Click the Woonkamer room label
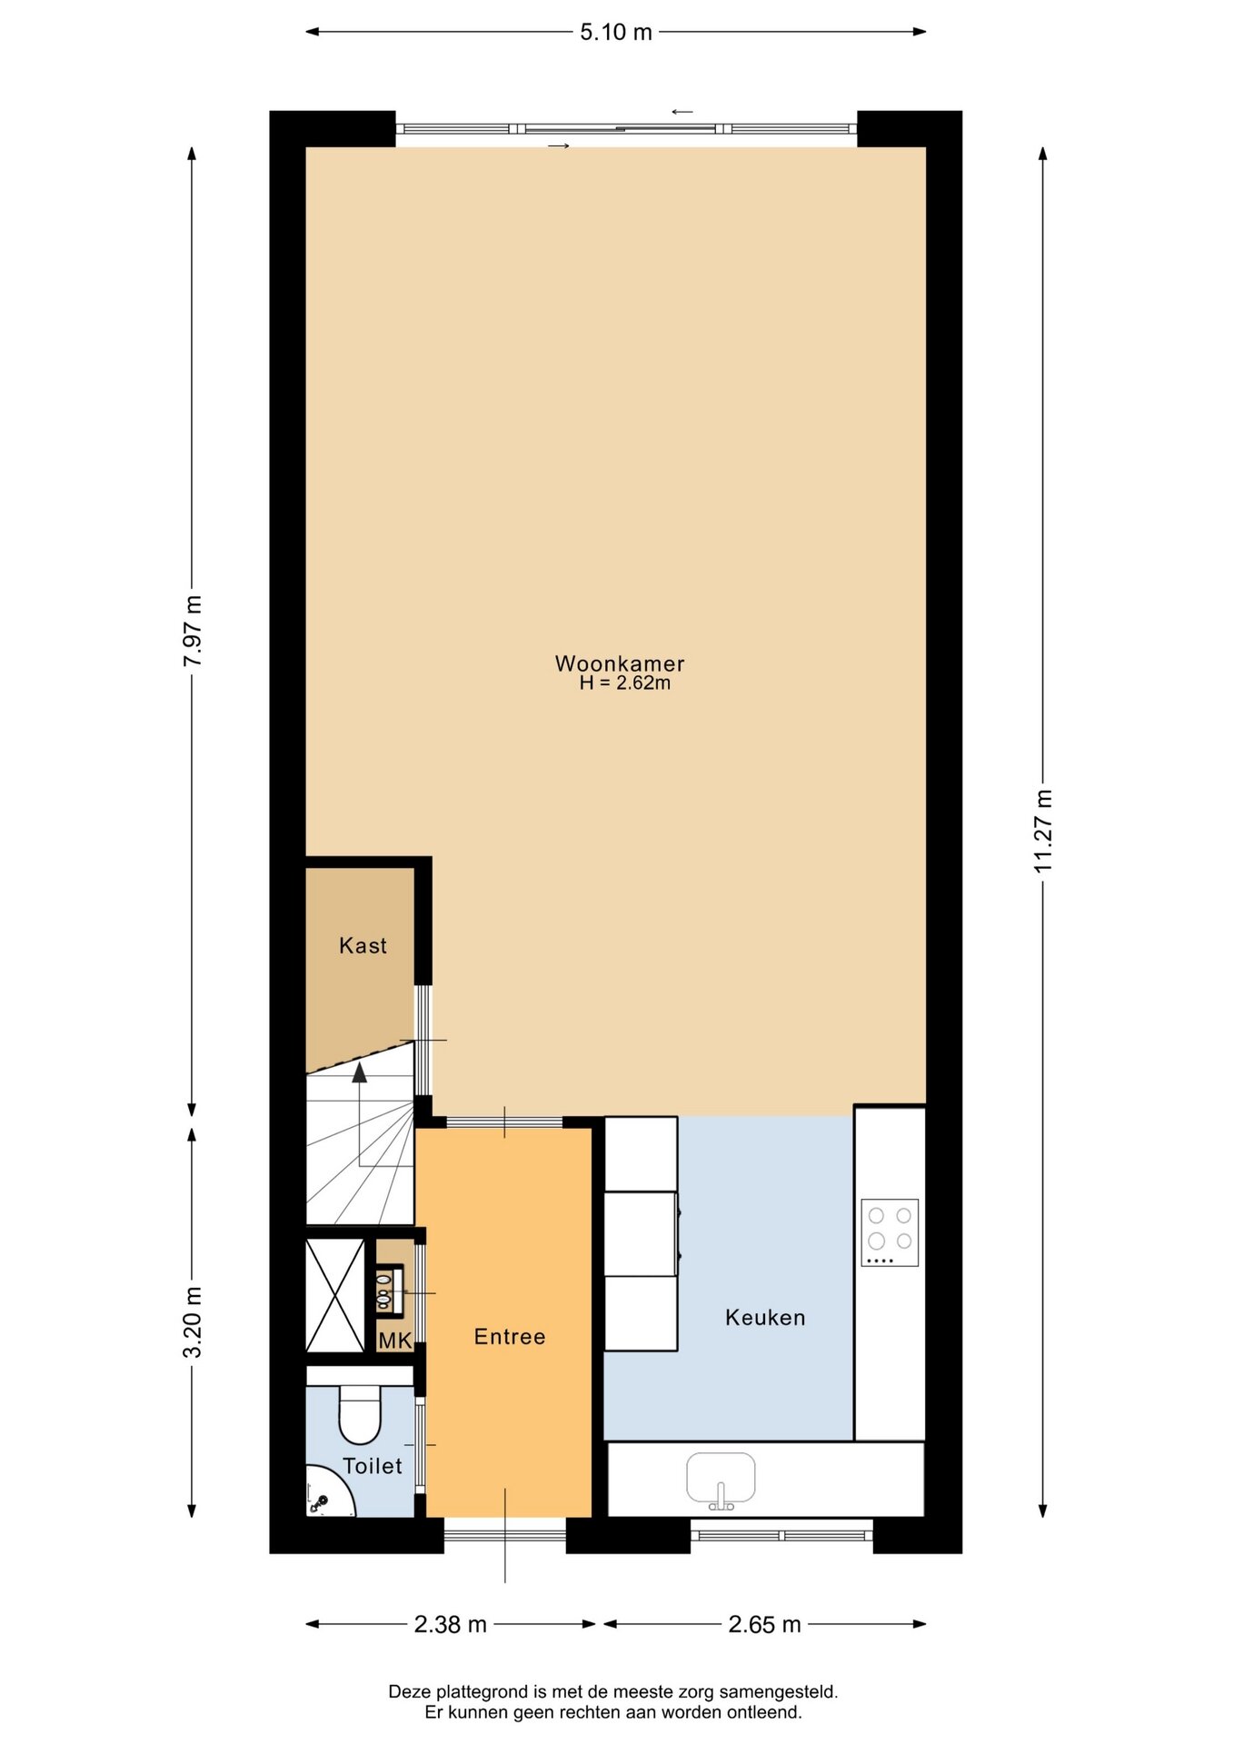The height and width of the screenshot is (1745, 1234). [620, 663]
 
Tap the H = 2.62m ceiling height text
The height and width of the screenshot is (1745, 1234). [625, 683]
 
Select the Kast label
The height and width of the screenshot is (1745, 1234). [363, 946]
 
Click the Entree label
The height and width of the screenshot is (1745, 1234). [510, 1337]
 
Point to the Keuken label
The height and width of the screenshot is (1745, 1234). [765, 1318]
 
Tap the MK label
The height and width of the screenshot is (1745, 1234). [395, 1341]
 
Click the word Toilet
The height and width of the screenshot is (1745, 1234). [373, 1466]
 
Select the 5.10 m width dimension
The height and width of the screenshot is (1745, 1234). [616, 32]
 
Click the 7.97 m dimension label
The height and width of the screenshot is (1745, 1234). [193, 631]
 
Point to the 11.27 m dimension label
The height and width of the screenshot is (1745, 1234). [1043, 831]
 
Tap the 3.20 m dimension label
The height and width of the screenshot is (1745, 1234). [193, 1322]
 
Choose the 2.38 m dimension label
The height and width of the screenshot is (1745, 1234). [451, 1624]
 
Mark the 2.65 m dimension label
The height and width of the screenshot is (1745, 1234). [765, 1624]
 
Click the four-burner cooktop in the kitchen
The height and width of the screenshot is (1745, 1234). [890, 1232]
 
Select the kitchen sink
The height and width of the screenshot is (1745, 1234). [721, 1480]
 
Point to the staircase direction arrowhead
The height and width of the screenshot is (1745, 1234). [360, 1073]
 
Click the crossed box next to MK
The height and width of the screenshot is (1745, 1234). [335, 1295]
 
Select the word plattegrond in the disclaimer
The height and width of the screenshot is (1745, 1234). [484, 1691]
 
